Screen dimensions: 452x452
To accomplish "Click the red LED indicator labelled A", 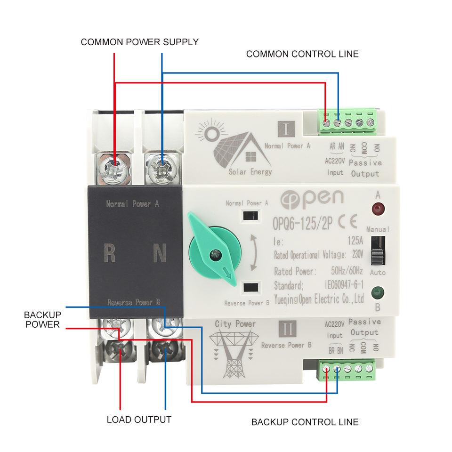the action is coord(378,209).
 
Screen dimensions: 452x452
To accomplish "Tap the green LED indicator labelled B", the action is coord(377,293).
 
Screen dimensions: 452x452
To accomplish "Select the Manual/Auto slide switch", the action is coord(378,251).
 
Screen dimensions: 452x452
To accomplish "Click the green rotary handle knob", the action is coord(214,251).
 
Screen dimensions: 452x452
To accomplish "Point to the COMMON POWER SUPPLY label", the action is coord(139,42).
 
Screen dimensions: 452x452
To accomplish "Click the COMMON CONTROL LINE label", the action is coord(302,54).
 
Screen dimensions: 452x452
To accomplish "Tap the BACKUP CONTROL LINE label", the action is coord(305,422).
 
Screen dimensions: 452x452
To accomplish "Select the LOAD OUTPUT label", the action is coord(139,420).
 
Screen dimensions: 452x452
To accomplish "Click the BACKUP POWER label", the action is coord(42,320).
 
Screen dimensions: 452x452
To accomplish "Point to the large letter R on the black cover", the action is coord(110,253).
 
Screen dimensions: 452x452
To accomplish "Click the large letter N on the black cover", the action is coord(160,253).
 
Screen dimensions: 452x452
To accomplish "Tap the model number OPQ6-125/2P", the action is coord(302,223).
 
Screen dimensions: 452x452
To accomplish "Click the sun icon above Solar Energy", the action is coord(211,133).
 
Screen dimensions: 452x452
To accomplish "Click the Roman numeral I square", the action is coord(286,129).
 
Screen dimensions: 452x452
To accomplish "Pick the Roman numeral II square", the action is coord(287,329).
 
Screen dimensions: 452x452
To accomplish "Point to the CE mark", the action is coord(347,222).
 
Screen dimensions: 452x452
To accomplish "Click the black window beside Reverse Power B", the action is coord(251,287).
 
